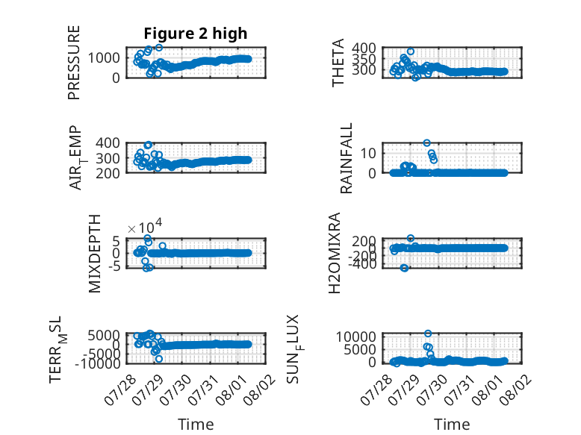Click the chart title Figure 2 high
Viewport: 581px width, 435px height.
pyautogui.click(x=195, y=34)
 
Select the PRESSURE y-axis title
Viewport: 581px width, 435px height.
pyautogui.click(x=74, y=63)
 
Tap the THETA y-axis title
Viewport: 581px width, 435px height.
pyautogui.click(x=338, y=63)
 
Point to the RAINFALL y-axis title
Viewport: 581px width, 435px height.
pyautogui.click(x=346, y=158)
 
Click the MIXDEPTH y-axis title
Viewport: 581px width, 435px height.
pyautogui.click(x=95, y=254)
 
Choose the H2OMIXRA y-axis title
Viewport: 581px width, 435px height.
pyautogui.click(x=335, y=253)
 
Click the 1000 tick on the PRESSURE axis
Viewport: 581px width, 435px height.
pyautogui.click(x=104, y=57)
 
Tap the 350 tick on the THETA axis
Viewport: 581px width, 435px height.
pyautogui.click(x=364, y=58)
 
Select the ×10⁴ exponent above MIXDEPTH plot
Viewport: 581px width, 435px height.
pyautogui.click(x=145, y=227)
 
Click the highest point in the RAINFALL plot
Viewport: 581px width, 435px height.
pyautogui.click(x=427, y=143)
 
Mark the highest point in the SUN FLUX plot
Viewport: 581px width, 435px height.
pyautogui.click(x=428, y=334)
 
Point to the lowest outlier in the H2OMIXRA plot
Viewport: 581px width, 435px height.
pyautogui.click(x=404, y=268)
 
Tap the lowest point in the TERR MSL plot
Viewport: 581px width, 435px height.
pyautogui.click(x=159, y=359)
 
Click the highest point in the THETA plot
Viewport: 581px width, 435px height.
pyautogui.click(x=411, y=51)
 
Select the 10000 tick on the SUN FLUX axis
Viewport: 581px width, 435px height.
pyautogui.click(x=356, y=337)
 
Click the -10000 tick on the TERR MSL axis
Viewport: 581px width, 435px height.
pyautogui.click(x=97, y=363)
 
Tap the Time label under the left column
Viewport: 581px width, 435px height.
pyautogui.click(x=196, y=424)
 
